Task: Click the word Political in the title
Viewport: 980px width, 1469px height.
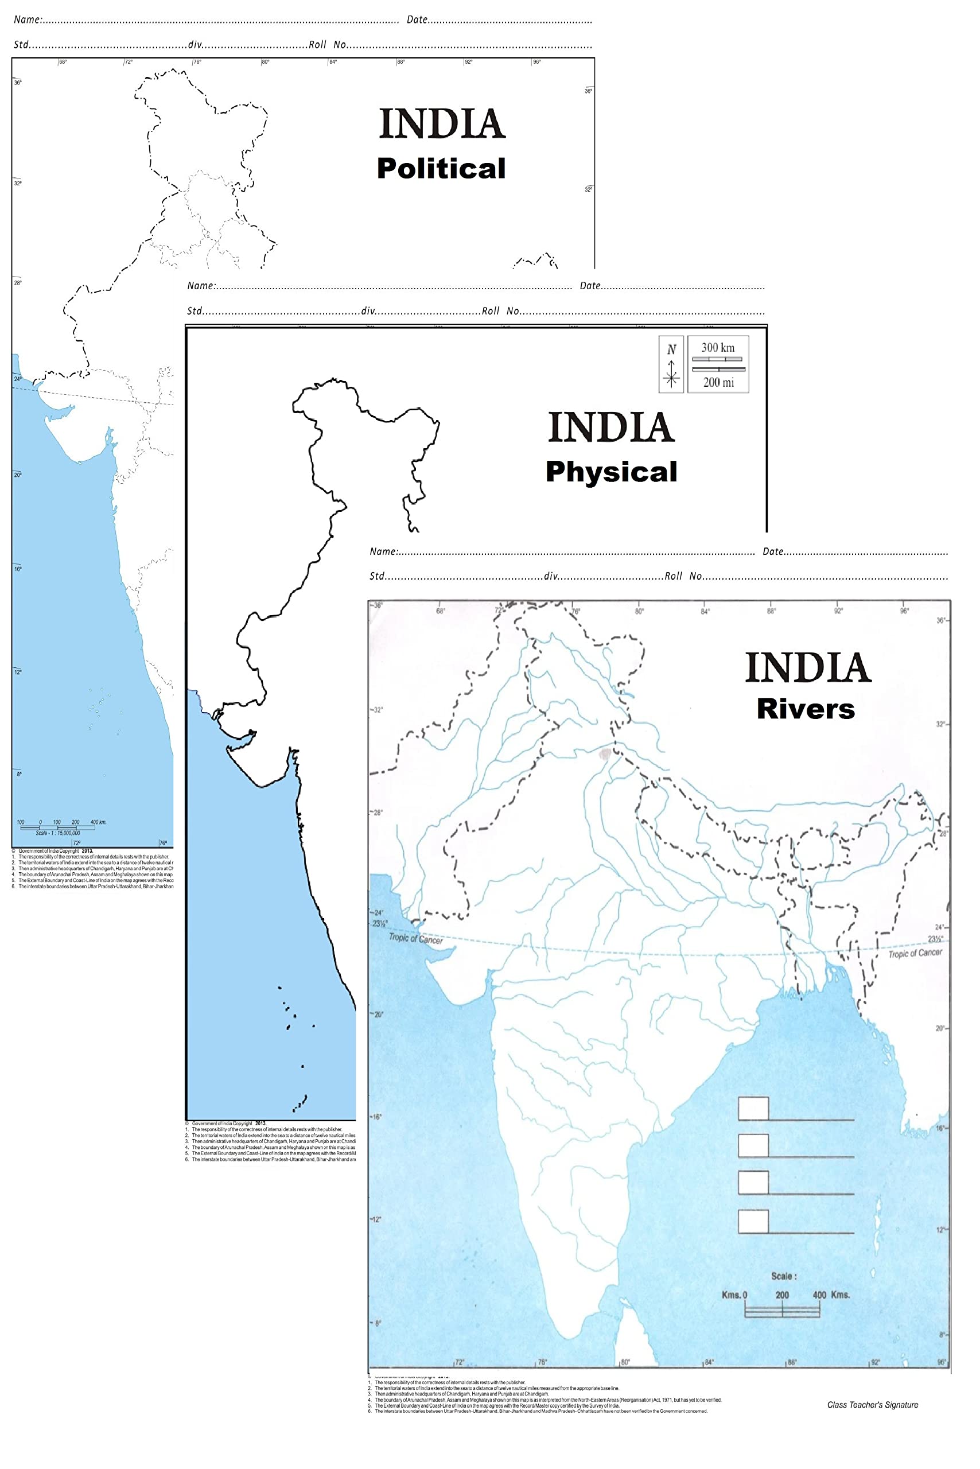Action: (441, 169)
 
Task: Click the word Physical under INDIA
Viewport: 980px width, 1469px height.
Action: (611, 472)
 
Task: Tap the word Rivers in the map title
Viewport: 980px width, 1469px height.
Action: (806, 709)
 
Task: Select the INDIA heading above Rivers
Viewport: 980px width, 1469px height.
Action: (808, 667)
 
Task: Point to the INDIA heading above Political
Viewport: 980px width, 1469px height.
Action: (442, 124)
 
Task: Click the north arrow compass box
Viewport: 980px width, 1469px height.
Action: (671, 364)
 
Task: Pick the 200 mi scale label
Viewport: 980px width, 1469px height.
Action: (718, 382)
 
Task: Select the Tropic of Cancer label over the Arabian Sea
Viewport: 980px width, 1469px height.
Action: (415, 938)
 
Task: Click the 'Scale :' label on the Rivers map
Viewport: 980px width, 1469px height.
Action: (784, 1276)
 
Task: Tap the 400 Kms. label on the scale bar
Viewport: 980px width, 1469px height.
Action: (831, 1295)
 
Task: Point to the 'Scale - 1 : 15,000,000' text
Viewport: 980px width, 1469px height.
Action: (57, 833)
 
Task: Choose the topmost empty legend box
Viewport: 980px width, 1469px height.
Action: (753, 1108)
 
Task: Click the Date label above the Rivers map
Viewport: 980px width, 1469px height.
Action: (773, 551)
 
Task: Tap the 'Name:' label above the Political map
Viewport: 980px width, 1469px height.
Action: (28, 20)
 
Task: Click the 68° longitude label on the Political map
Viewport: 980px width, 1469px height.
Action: (63, 62)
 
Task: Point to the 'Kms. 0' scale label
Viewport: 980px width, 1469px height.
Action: (734, 1295)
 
